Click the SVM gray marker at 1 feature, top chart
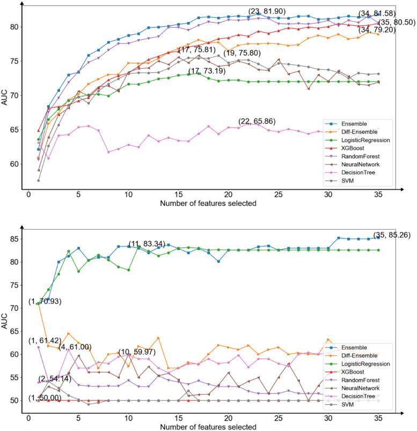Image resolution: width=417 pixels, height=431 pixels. [39, 180]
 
